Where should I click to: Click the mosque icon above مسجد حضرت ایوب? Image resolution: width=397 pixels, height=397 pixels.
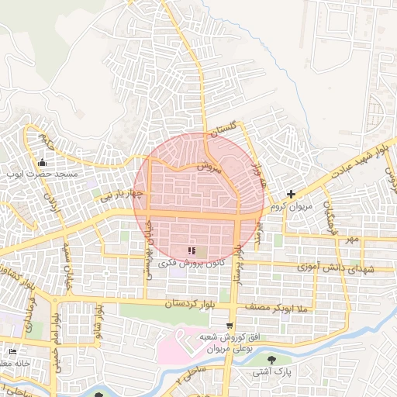[x=42, y=163]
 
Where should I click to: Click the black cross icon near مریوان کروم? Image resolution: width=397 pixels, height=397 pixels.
[x=291, y=194]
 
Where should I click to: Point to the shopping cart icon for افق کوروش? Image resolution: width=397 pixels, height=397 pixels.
[x=229, y=326]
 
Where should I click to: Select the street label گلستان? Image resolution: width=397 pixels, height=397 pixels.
[x=222, y=127]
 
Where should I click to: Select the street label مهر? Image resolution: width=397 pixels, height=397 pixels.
[x=353, y=239]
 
